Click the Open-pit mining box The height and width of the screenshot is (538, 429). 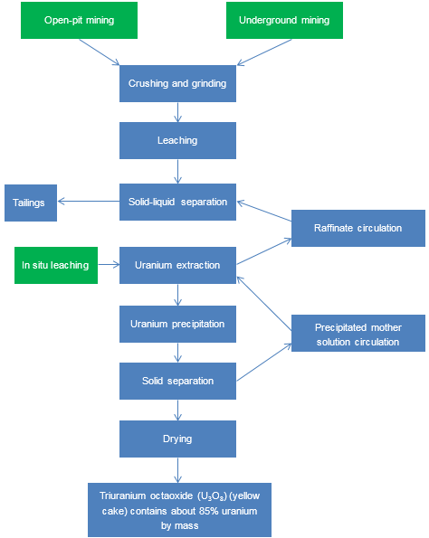coord(79,20)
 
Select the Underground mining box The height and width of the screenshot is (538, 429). coord(284,20)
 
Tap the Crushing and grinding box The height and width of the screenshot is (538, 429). coord(177,83)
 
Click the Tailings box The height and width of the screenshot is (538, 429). coord(31,203)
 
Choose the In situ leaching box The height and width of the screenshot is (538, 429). coord(56,265)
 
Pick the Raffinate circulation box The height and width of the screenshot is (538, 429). coord(358,228)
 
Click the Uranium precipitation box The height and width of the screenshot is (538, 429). coord(177,324)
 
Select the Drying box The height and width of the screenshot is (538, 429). coord(177,439)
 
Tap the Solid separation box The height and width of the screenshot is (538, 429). coord(177,381)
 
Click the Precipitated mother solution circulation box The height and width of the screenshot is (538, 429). coord(358,333)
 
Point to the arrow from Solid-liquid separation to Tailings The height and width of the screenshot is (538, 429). coord(89,201)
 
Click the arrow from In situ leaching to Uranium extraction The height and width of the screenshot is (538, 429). coord(109,265)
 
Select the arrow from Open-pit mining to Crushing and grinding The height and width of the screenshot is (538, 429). coord(100,52)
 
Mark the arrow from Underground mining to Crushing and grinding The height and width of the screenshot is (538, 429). coord(264,52)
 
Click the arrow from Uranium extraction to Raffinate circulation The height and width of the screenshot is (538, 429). coord(264,251)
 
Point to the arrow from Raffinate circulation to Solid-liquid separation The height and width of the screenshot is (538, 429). coord(264,211)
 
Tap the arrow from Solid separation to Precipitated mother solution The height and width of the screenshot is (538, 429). coord(264,363)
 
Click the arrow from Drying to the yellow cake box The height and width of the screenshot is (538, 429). coord(177,470)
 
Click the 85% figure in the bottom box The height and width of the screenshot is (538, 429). coord(208,511)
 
